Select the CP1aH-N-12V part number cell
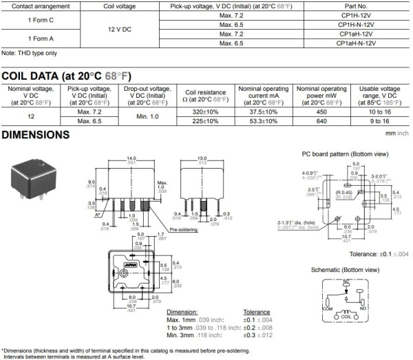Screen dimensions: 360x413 tap(360, 43)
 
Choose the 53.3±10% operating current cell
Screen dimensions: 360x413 tap(263, 121)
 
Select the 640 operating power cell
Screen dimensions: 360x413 tap(321, 121)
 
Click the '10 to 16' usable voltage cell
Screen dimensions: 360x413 tap(380, 112)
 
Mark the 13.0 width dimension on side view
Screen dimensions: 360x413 tap(202, 158)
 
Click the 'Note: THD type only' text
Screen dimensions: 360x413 tap(29, 53)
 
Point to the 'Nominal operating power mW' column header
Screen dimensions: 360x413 tap(321, 94)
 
